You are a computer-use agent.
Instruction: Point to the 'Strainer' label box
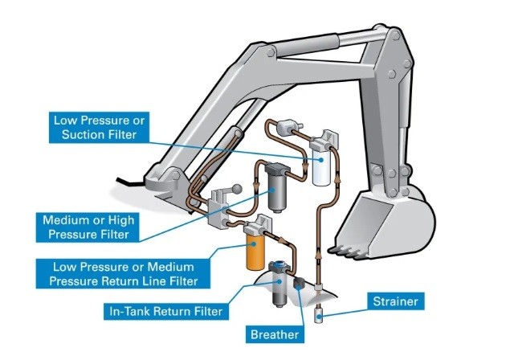pos(394,301)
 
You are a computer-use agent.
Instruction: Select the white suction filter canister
pos(323,170)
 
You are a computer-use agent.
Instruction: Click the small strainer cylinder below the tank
pos(320,313)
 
